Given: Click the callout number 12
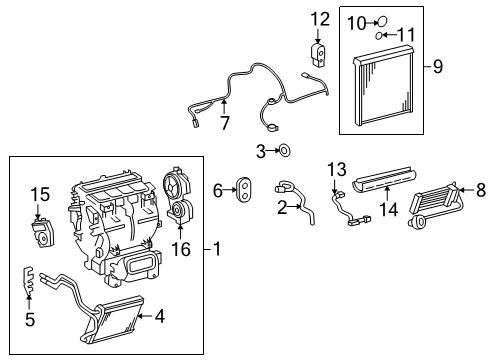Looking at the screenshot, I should (x=319, y=18).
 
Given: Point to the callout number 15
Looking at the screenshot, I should (x=38, y=192).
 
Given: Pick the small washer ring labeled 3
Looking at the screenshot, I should (x=284, y=151).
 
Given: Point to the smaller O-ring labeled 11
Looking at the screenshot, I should (x=380, y=37).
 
